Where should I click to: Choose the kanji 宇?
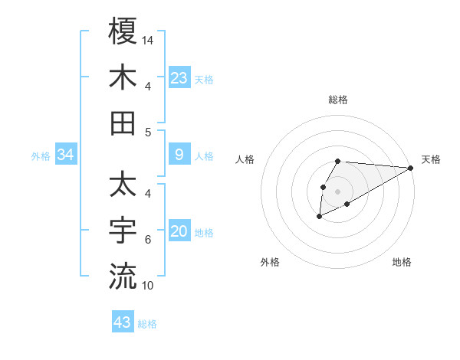click(x=123, y=230)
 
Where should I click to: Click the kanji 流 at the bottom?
click(x=123, y=276)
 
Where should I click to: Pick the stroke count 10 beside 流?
click(x=149, y=286)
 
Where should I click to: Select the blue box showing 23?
click(x=179, y=77)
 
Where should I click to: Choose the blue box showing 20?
click(x=179, y=232)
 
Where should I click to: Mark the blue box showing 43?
click(x=123, y=322)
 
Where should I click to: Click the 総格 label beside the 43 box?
click(x=148, y=324)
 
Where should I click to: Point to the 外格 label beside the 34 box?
click(x=41, y=156)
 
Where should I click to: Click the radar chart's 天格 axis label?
click(x=431, y=159)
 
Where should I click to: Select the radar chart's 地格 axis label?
click(x=402, y=262)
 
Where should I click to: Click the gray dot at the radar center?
click(x=338, y=191)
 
